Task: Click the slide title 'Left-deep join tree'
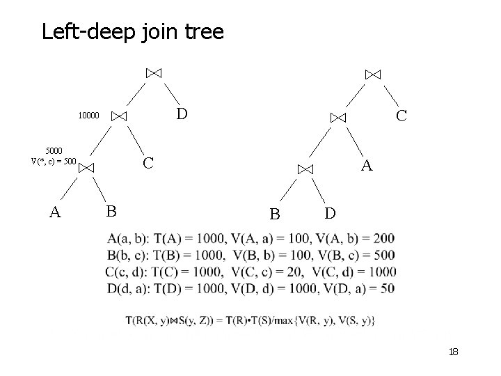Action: pos(132,32)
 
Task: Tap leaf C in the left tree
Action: pos(148,164)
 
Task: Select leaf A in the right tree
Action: pos(367,165)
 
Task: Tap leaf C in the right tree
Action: pos(401,115)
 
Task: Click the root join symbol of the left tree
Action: pos(154,72)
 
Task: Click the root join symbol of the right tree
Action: pos(373,74)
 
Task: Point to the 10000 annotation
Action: pos(88,116)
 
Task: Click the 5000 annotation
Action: pos(53,150)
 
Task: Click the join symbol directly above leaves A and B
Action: pos(86,167)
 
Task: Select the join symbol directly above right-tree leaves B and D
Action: pos(305,169)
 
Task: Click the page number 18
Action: pos(453,353)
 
